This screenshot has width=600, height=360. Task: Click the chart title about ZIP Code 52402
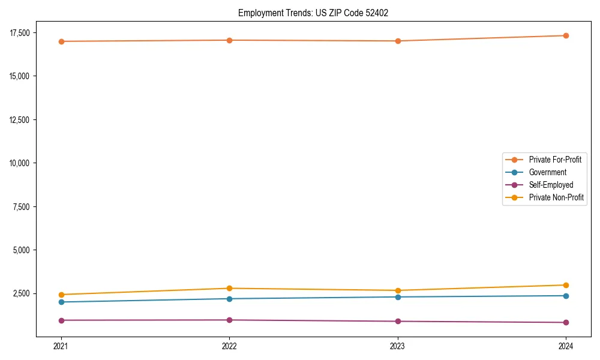coord(313,13)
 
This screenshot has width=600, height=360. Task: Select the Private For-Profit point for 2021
coord(61,41)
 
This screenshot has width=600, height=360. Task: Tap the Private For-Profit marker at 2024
coord(566,35)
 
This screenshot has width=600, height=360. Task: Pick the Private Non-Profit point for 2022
coord(229,288)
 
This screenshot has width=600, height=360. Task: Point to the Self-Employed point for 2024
coord(566,322)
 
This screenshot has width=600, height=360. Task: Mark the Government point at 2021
coord(61,302)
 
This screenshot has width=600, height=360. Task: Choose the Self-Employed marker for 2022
coord(229,320)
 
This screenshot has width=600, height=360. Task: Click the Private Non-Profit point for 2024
coord(566,285)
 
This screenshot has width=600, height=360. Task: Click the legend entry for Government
coord(547,172)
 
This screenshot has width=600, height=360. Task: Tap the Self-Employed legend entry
coord(551,185)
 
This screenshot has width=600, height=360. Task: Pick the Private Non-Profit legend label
coord(556,197)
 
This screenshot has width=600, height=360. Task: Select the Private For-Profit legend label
coord(555,160)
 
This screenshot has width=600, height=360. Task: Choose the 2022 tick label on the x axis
coord(229,346)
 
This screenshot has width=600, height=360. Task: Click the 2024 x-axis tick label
coord(566,346)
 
